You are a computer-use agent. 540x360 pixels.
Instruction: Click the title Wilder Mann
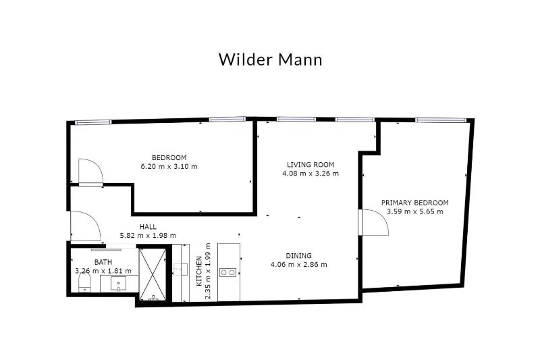pos(270,59)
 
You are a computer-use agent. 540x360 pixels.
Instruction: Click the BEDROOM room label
pos(169,157)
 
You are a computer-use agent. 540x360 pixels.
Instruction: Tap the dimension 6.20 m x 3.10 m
pos(169,166)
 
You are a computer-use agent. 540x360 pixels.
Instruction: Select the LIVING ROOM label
pos(310,164)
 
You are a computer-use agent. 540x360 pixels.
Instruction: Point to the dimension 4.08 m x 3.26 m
pos(310,173)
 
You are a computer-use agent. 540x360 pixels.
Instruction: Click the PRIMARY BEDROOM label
pos(414,203)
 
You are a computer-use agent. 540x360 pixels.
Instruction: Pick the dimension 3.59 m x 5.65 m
pos(414,211)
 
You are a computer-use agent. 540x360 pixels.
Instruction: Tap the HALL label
pos(148,226)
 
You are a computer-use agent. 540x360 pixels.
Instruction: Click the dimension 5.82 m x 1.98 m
pos(148,235)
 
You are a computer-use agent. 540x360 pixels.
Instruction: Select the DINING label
pos(298,255)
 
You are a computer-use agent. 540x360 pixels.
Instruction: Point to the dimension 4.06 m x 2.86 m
pos(298,264)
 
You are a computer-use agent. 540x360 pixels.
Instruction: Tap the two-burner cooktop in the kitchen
pos(230,272)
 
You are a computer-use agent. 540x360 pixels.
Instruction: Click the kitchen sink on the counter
pos(180,270)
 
